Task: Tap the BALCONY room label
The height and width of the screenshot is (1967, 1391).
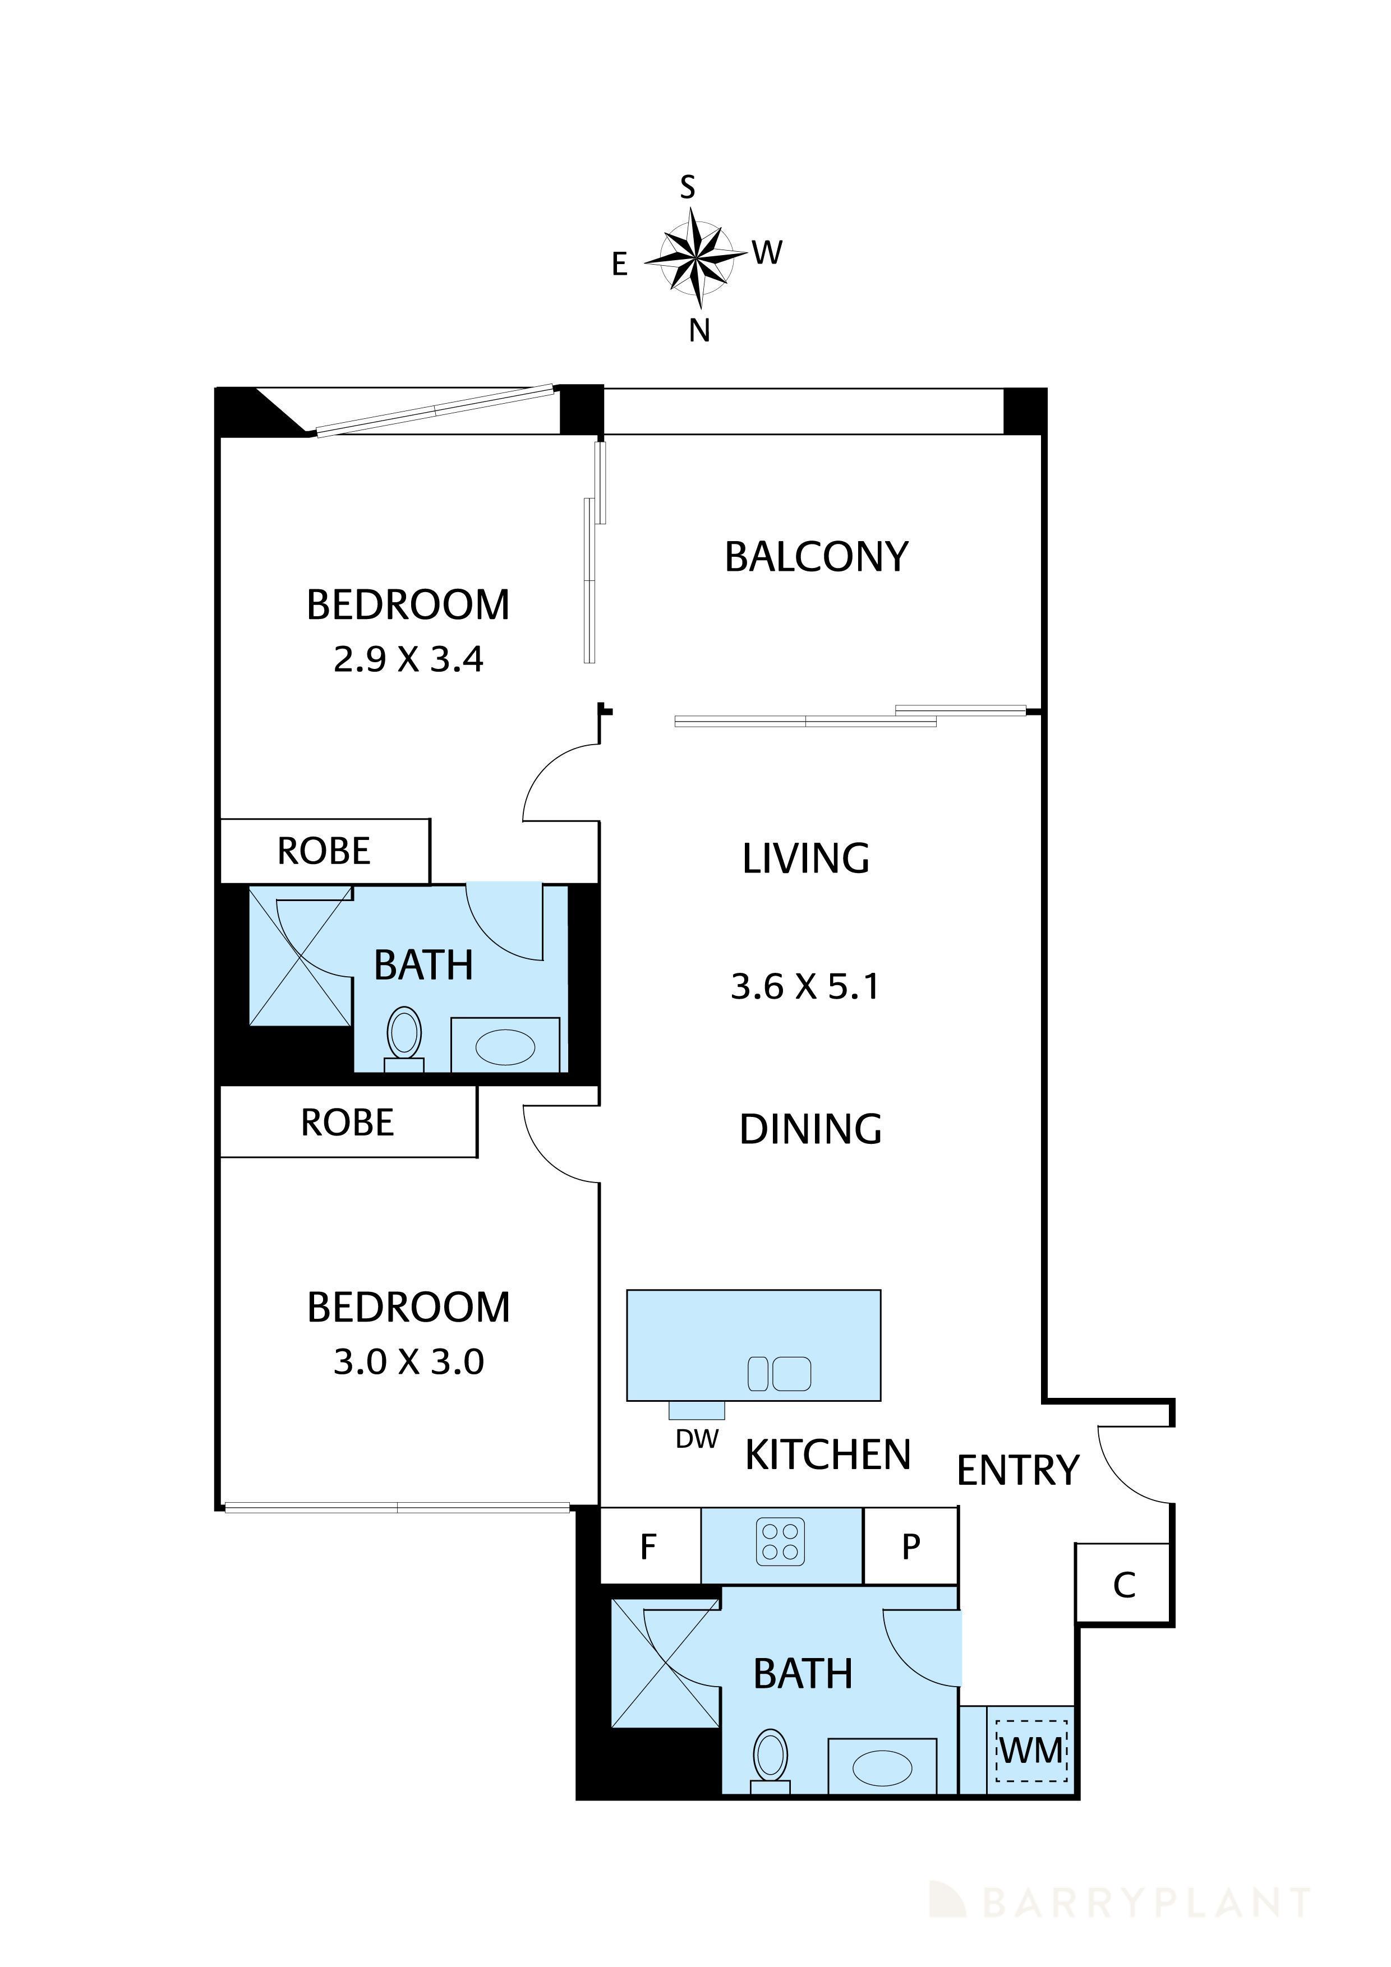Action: (x=816, y=557)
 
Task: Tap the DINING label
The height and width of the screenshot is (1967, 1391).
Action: (x=810, y=1129)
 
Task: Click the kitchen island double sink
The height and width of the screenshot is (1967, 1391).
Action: (x=778, y=1374)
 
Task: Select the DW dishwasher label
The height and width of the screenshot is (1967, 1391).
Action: (x=696, y=1439)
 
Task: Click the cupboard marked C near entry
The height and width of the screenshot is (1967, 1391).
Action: (x=1123, y=1586)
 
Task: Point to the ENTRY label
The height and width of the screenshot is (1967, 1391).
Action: (x=1017, y=1471)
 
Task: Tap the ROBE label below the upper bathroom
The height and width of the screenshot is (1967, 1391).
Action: (x=347, y=1123)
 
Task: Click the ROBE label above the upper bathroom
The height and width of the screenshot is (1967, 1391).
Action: (x=324, y=851)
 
